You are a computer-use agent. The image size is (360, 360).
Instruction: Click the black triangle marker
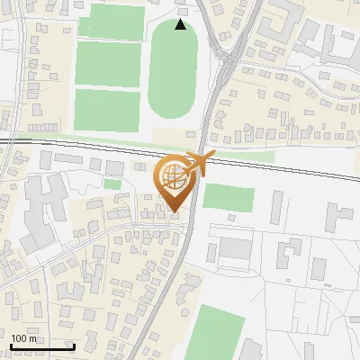[181, 24]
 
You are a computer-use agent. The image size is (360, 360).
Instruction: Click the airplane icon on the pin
[197, 164]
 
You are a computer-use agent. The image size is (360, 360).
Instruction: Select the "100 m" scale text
[24, 338]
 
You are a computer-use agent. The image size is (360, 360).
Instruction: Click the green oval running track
[173, 70]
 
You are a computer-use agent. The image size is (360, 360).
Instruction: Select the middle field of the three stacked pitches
[107, 64]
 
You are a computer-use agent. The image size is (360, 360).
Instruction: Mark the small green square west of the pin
[112, 184]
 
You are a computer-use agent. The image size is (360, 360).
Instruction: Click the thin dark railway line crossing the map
[90, 143]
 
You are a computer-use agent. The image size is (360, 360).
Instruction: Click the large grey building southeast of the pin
[236, 248]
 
